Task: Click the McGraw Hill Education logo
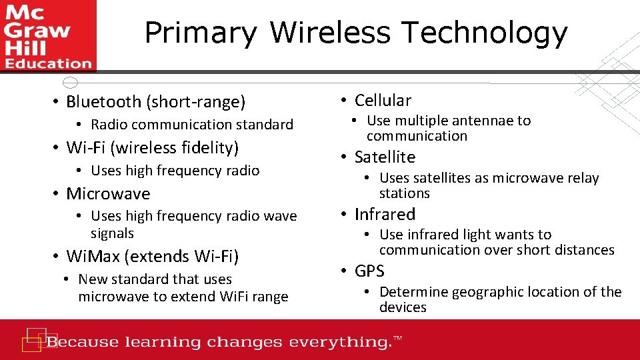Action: tap(47, 35)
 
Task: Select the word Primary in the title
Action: tap(201, 33)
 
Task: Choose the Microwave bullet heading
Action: tap(108, 194)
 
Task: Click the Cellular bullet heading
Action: tap(383, 101)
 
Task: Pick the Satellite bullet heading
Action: tap(385, 157)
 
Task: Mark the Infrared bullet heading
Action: tap(385, 215)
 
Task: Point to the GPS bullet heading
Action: tap(369, 271)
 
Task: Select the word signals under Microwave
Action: tap(112, 233)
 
